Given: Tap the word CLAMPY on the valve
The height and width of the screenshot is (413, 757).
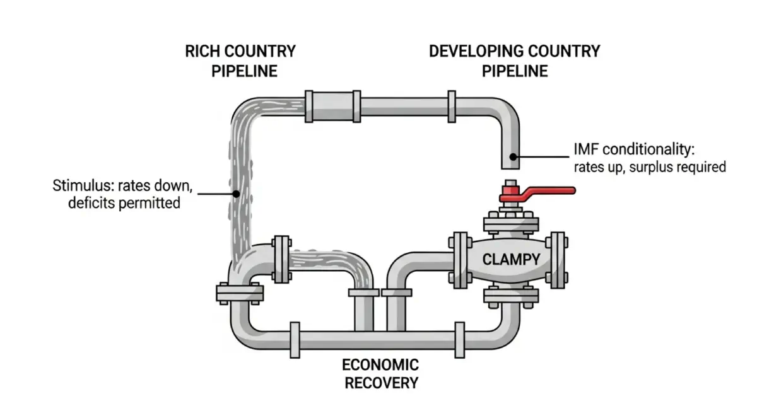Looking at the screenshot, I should click(511, 259).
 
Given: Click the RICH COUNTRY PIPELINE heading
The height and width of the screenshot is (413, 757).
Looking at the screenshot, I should click(240, 61).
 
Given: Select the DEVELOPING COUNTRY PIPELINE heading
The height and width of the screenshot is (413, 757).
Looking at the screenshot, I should click(515, 61).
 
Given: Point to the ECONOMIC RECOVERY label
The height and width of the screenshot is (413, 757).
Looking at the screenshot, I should click(380, 373).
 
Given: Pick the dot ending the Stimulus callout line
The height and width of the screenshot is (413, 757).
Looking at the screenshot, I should click(235, 193).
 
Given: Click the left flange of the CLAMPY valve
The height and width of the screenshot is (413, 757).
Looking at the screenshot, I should click(460, 259).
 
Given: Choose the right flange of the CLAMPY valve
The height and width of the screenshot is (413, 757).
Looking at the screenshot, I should click(557, 259).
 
